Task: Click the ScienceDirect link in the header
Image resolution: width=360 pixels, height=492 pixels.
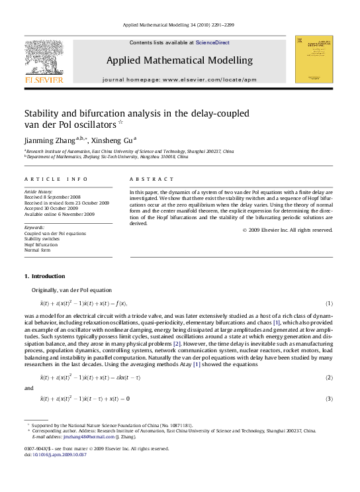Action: point(211,42)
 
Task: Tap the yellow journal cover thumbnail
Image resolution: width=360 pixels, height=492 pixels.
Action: point(314,60)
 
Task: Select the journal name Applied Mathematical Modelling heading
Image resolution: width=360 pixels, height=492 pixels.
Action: point(179,60)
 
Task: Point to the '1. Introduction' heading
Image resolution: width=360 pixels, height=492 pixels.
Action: point(44,276)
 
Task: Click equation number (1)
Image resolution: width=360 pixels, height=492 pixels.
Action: point(328,303)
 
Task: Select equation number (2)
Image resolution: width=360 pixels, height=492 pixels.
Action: point(328,377)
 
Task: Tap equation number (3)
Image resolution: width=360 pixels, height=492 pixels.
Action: point(328,399)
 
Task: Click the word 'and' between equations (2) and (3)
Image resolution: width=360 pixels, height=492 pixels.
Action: point(28,388)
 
